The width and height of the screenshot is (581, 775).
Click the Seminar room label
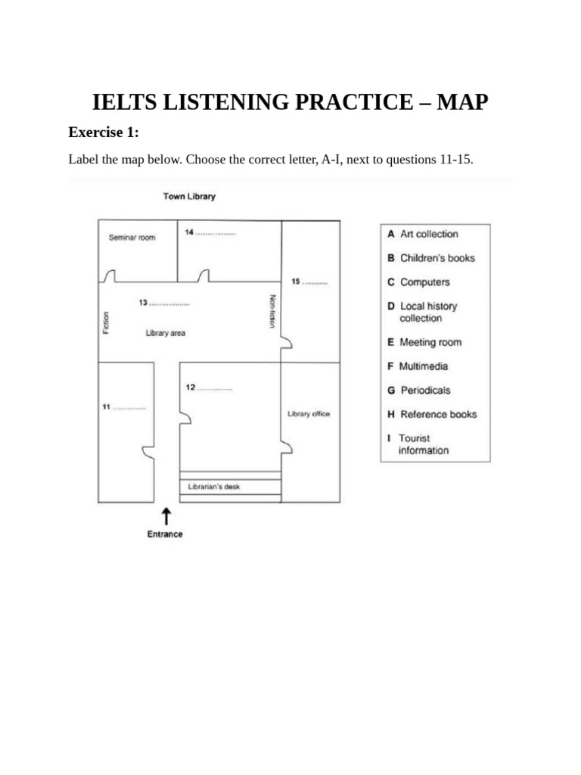click(x=132, y=238)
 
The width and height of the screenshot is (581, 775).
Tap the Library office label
click(x=309, y=414)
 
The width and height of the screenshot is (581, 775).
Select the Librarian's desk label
click(x=214, y=487)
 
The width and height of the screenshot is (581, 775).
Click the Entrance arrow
click(x=166, y=516)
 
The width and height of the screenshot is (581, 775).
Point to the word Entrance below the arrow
click(x=165, y=534)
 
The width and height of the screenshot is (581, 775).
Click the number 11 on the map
click(x=107, y=406)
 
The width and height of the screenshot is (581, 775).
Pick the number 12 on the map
click(x=191, y=387)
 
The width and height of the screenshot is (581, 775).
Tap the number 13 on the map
click(x=143, y=303)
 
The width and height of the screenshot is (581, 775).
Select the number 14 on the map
click(x=189, y=232)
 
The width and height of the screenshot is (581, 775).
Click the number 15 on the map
click(x=296, y=282)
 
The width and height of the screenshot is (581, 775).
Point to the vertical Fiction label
click(x=107, y=322)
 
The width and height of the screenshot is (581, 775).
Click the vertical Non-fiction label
click(x=272, y=311)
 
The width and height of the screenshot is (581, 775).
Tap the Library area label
click(x=166, y=333)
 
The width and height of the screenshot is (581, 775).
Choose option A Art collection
click(x=423, y=235)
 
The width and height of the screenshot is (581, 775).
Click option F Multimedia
click(x=418, y=366)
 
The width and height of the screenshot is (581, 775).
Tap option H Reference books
click(x=432, y=415)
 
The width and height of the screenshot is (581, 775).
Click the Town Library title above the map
click(x=189, y=197)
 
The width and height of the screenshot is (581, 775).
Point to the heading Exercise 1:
click(x=104, y=132)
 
